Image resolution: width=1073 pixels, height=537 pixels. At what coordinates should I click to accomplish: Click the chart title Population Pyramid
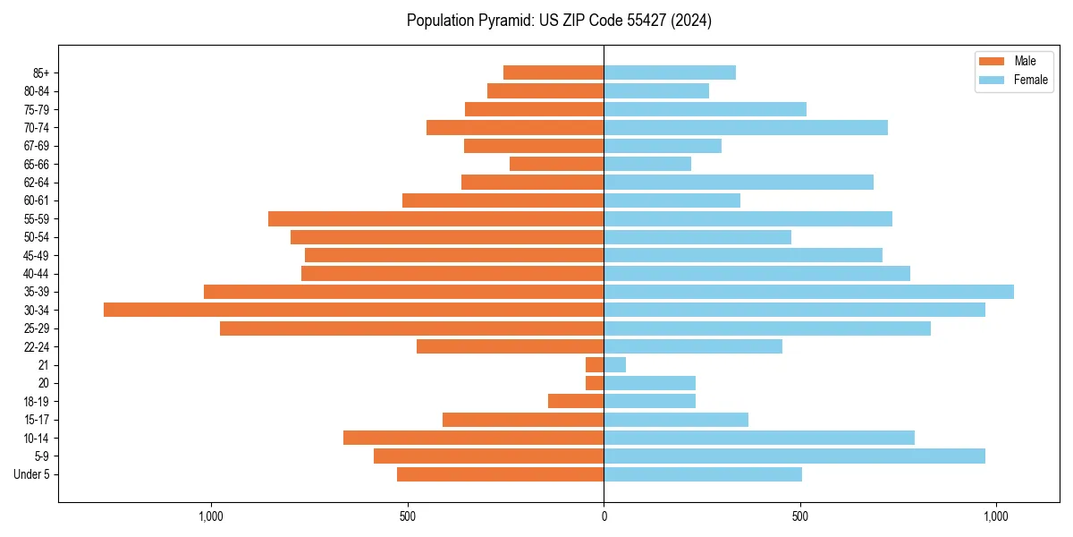[559, 21]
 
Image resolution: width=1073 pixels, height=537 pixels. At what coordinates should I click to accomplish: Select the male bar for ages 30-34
[353, 310]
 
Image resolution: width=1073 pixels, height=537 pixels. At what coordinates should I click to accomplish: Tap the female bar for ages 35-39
[808, 292]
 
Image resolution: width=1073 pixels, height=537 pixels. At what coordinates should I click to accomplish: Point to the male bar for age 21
[595, 364]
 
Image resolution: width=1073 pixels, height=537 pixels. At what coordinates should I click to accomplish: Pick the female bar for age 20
[649, 383]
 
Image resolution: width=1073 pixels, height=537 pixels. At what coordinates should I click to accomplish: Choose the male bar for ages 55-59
[435, 218]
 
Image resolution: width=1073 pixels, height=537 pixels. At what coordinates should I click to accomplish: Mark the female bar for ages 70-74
[746, 127]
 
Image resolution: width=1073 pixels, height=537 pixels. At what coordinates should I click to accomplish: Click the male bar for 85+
[553, 72]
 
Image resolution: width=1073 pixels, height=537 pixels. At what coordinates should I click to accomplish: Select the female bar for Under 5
[703, 474]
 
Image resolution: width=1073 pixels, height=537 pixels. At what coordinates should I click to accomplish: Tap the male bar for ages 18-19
[576, 401]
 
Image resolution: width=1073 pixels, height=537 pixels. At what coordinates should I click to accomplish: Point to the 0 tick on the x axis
[604, 516]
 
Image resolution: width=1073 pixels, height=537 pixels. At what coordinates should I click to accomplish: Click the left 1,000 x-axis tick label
[211, 516]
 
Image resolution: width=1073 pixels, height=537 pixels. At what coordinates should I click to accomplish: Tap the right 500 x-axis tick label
[800, 516]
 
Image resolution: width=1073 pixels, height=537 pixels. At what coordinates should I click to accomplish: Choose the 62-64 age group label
[37, 182]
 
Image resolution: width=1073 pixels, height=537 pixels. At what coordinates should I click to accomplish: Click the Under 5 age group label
[31, 474]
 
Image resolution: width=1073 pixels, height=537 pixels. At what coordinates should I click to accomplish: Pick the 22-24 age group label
[37, 346]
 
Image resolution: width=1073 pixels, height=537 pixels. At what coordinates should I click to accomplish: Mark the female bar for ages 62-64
[739, 182]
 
